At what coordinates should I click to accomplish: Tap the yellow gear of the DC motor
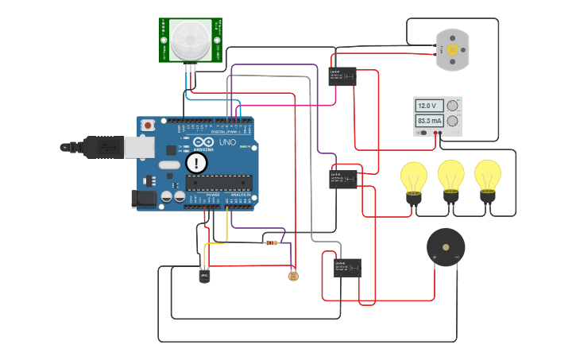point(452,50)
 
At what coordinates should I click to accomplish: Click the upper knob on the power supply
point(453,106)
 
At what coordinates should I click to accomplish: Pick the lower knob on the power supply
point(453,121)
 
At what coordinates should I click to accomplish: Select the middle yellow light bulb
point(450,176)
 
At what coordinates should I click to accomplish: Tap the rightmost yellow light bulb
point(487,176)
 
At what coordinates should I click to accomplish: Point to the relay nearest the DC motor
point(342,76)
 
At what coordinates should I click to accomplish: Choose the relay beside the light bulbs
point(343,179)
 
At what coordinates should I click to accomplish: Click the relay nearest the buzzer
point(347,267)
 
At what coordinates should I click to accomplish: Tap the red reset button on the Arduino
point(149,126)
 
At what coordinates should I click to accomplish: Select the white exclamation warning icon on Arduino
point(196,163)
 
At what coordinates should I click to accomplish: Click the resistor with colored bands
point(273,242)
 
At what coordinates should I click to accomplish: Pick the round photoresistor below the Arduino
point(292,277)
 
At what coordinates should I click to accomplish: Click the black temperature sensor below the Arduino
point(204,275)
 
